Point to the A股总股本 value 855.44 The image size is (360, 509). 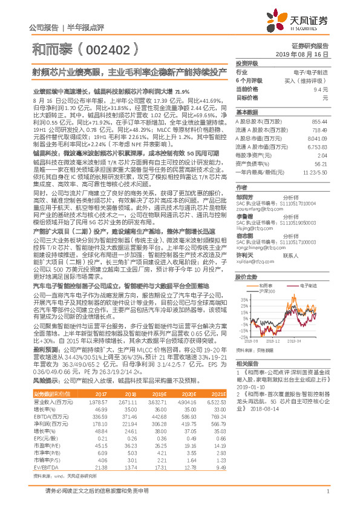point(319,122)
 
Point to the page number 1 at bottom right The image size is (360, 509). point(327,491)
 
